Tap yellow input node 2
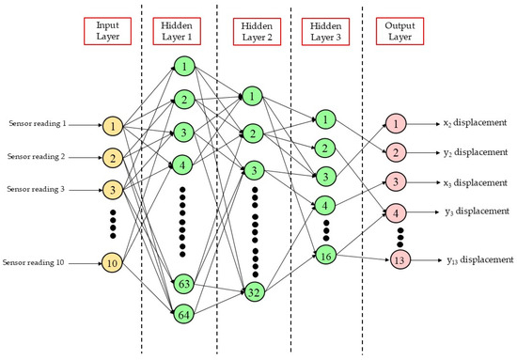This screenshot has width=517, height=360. click(x=113, y=157)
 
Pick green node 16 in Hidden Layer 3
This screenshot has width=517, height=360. click(x=324, y=254)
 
